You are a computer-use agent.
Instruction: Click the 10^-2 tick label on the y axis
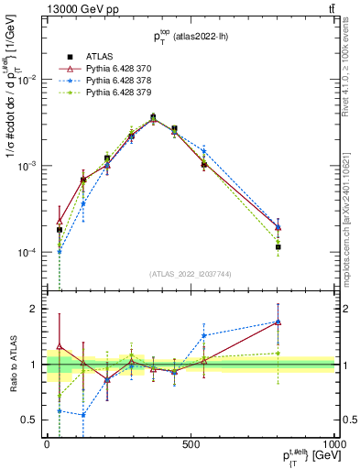27,80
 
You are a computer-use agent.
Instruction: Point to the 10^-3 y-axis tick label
27,166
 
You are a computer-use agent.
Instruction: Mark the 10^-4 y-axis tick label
27,252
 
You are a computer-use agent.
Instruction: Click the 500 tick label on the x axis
190,444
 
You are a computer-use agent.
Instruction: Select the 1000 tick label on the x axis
332,444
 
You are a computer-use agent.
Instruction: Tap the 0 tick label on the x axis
47,444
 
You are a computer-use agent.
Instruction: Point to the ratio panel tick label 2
35,309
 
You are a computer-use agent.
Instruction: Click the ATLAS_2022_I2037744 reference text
190,273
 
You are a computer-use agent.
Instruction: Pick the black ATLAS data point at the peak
153,117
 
